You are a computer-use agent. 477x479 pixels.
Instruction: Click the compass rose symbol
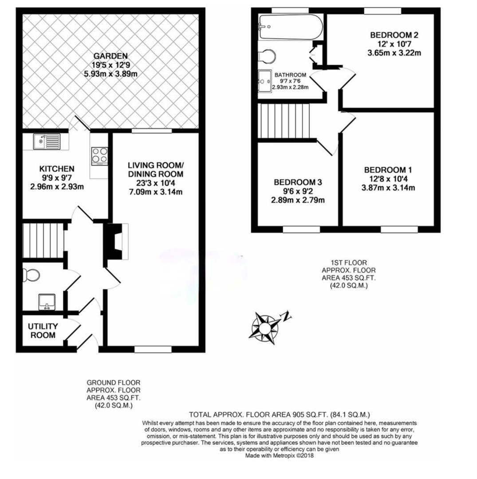265,328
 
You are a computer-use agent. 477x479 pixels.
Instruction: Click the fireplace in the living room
116,241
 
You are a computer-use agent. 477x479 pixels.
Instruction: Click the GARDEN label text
110,56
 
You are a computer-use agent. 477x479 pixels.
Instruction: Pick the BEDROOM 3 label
297,182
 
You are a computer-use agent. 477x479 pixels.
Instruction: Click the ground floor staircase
43,240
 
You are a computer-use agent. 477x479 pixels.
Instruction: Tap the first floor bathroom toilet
268,56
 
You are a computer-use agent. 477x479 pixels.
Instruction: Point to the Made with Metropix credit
279,455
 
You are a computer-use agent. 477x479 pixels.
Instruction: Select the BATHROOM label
290,75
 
